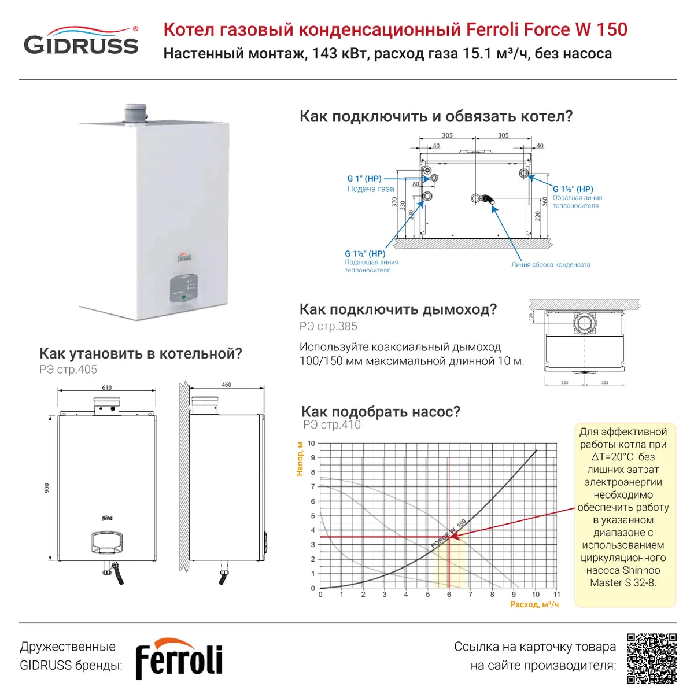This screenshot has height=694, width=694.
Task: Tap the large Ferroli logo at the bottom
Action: click(x=179, y=659)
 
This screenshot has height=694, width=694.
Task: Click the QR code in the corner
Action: click(x=652, y=658)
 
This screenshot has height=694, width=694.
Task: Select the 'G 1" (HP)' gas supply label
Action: click(x=364, y=179)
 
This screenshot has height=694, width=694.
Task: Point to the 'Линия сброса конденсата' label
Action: click(x=551, y=265)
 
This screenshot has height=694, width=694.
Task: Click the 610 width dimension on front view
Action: click(x=107, y=387)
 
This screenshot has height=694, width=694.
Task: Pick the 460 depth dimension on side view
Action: click(x=227, y=385)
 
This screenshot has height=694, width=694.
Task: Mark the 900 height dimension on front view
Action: click(x=47, y=488)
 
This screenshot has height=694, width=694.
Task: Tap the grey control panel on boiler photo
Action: click(x=184, y=288)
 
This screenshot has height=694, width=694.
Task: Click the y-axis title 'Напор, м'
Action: click(x=300, y=459)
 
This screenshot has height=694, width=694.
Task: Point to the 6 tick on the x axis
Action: click(x=449, y=595)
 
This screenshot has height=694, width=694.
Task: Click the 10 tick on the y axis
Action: click(x=311, y=444)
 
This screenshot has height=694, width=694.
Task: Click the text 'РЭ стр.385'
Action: click(x=328, y=326)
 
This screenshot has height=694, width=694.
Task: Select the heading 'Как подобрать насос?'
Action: click(x=381, y=412)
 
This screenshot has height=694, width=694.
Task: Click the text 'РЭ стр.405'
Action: click(x=68, y=370)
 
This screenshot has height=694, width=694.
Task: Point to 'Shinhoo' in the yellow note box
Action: click(x=641, y=570)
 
